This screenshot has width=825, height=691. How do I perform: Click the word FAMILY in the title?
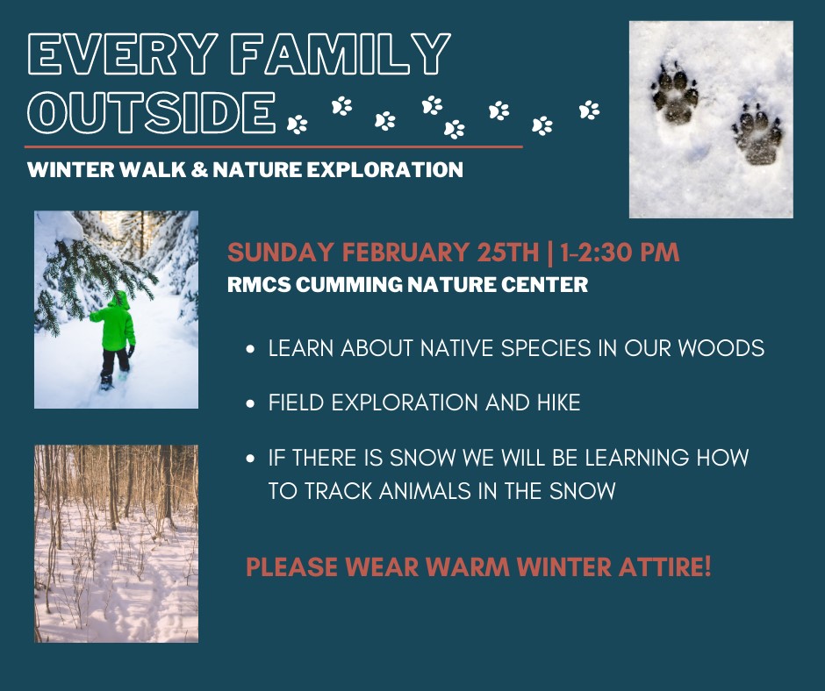(341, 53)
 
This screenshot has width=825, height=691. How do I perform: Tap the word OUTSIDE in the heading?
(152, 112)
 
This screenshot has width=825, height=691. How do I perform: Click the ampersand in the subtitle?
(199, 170)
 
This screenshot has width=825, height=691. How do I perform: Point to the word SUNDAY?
(281, 253)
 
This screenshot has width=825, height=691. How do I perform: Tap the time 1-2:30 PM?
(620, 253)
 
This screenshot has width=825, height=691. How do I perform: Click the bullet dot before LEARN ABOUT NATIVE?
(250, 349)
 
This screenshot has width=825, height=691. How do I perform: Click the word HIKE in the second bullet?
(559, 402)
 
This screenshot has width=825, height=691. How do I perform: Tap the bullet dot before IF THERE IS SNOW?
(250, 459)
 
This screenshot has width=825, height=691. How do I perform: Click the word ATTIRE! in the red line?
(664, 566)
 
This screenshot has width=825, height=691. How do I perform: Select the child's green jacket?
(114, 322)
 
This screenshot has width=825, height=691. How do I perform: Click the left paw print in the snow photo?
(675, 94)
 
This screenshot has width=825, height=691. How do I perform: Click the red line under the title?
(274, 146)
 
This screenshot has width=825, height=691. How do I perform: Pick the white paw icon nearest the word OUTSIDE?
(298, 125)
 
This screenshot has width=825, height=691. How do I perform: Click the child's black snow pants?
(115, 362)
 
